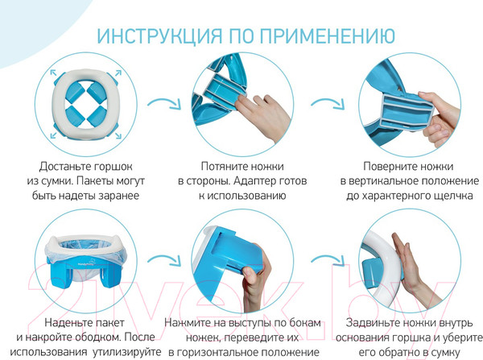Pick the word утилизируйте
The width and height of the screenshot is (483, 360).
coord(114,353)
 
